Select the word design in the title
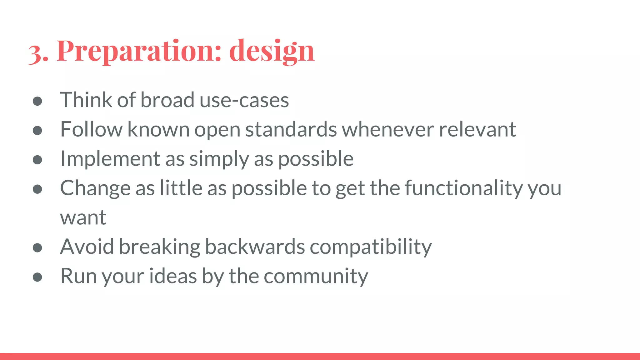tap(272, 51)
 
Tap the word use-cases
tap(244, 100)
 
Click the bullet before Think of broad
tap(37, 101)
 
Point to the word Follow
tap(91, 129)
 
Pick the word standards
tap(291, 129)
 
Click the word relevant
tap(477, 129)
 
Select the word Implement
tap(110, 159)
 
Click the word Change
tap(95, 188)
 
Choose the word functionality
tap(463, 188)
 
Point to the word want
tap(83, 217)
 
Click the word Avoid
tap(87, 247)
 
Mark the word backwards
tap(255, 247)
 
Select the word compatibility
tap(371, 247)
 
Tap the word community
tap(316, 276)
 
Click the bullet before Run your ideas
tap(37, 277)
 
